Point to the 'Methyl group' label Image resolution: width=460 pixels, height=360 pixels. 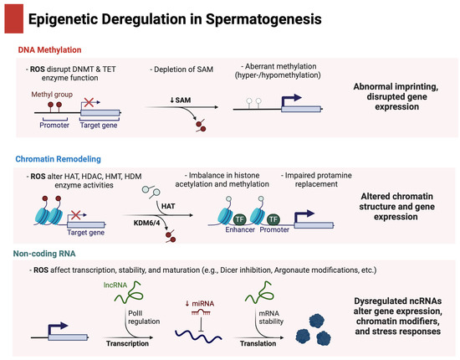click(x=53, y=95)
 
